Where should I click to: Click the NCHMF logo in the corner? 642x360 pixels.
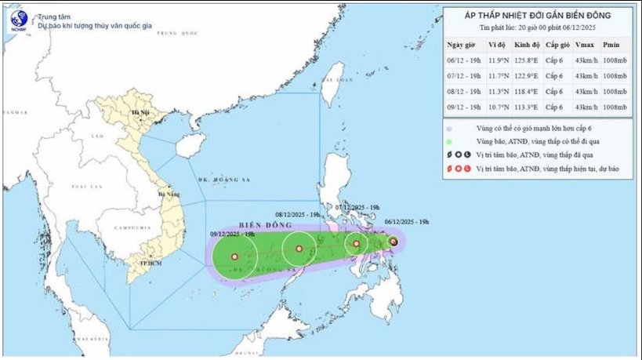[18, 20]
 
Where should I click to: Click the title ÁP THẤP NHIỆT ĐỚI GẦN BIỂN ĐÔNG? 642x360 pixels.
[537, 14]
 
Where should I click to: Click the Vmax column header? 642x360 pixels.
[584, 45]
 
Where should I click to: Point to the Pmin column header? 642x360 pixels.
[616, 45]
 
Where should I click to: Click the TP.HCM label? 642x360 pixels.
[149, 263]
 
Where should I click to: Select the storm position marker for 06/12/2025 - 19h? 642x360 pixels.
[394, 242]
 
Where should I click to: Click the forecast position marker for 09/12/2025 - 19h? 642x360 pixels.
[234, 256]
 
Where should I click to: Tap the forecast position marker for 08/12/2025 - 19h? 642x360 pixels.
[299, 249]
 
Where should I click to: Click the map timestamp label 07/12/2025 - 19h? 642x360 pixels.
[357, 207]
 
